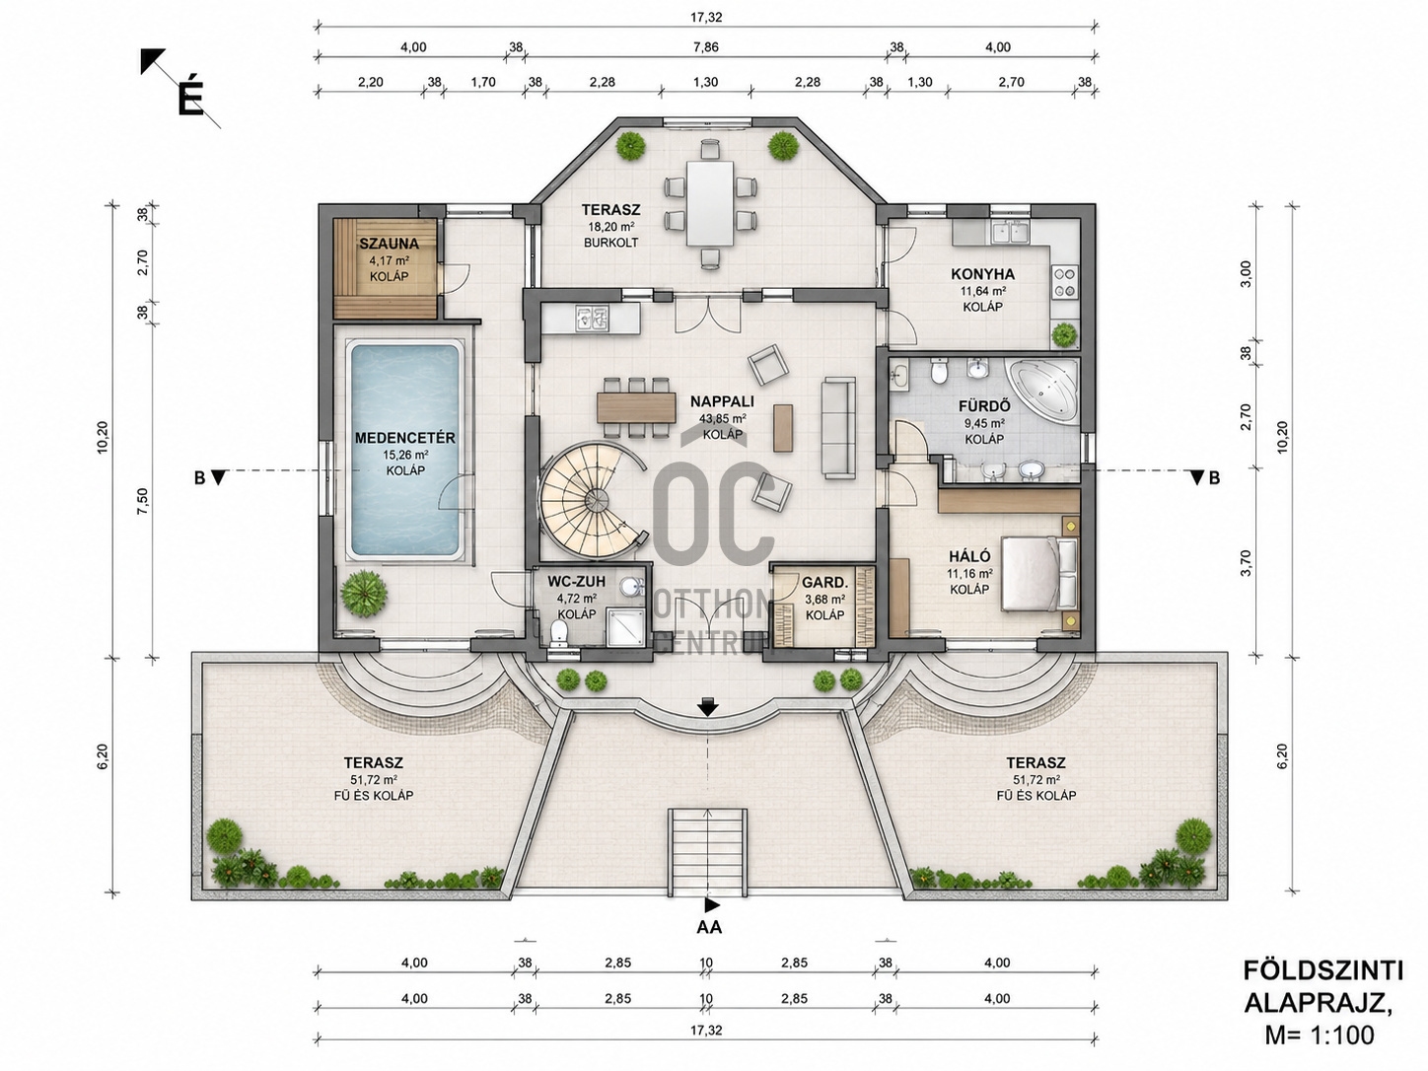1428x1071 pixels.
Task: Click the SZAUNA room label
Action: [x=389, y=244]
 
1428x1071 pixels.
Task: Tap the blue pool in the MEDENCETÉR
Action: [x=404, y=450]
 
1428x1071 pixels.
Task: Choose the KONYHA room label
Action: [x=982, y=274]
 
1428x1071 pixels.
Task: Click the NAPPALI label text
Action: [x=722, y=401]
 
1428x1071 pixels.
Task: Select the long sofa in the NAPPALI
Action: [x=839, y=428]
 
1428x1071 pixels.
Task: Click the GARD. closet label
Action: [x=824, y=582]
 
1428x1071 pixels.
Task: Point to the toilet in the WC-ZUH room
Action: [x=558, y=633]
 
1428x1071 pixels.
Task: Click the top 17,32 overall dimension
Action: [x=706, y=18]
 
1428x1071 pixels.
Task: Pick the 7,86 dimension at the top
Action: [x=706, y=46]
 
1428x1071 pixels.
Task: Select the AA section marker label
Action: [x=709, y=927]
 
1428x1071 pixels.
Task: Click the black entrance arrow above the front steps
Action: [x=707, y=707]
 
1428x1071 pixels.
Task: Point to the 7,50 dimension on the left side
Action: [x=142, y=500]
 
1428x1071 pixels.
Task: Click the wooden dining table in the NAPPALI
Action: [x=637, y=407]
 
